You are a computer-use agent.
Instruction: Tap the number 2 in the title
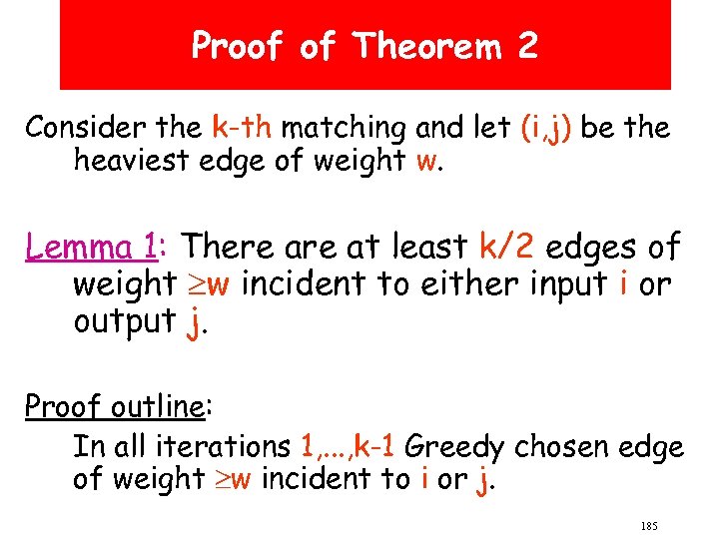(x=526, y=45)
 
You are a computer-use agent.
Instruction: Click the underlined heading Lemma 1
(x=95, y=246)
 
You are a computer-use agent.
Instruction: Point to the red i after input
(x=624, y=284)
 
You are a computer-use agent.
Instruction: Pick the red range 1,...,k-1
(x=348, y=446)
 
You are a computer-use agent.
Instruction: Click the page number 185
(x=649, y=525)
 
